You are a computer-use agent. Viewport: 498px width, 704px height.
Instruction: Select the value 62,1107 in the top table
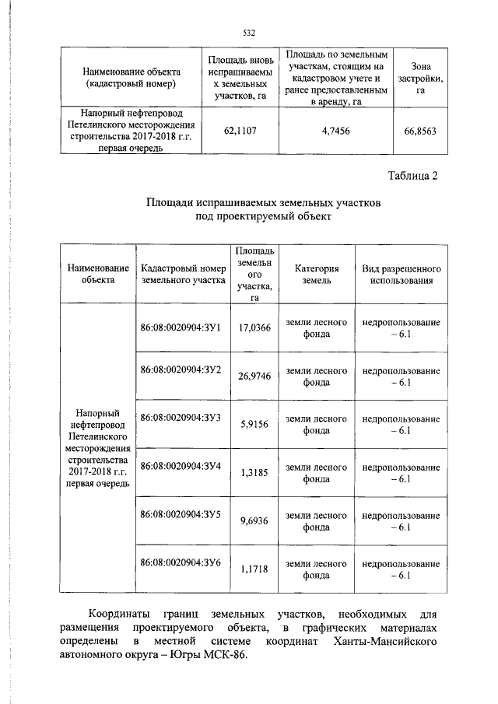239,131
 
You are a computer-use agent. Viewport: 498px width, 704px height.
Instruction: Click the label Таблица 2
412,175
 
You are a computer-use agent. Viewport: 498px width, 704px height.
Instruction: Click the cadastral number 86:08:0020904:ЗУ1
181,327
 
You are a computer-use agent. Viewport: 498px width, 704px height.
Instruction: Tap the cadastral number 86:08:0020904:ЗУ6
181,562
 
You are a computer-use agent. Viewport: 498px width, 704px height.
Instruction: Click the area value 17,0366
254,328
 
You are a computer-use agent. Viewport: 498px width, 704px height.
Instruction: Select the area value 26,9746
254,376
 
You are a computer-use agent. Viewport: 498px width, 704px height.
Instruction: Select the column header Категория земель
317,274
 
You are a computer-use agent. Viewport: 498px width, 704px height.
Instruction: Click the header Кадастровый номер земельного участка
184,274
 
